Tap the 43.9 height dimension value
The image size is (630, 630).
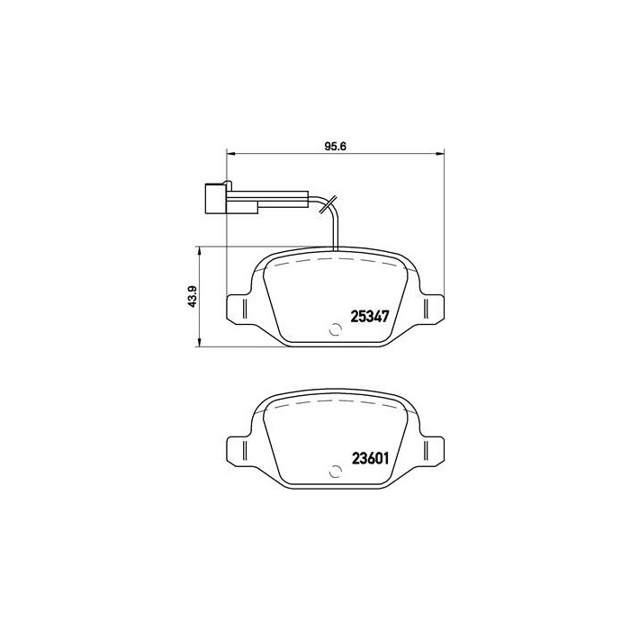pyautogui.click(x=191, y=295)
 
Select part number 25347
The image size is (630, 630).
pyautogui.click(x=368, y=316)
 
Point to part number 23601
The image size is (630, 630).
pyautogui.click(x=368, y=455)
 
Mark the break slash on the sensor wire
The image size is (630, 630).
pyautogui.click(x=327, y=204)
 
